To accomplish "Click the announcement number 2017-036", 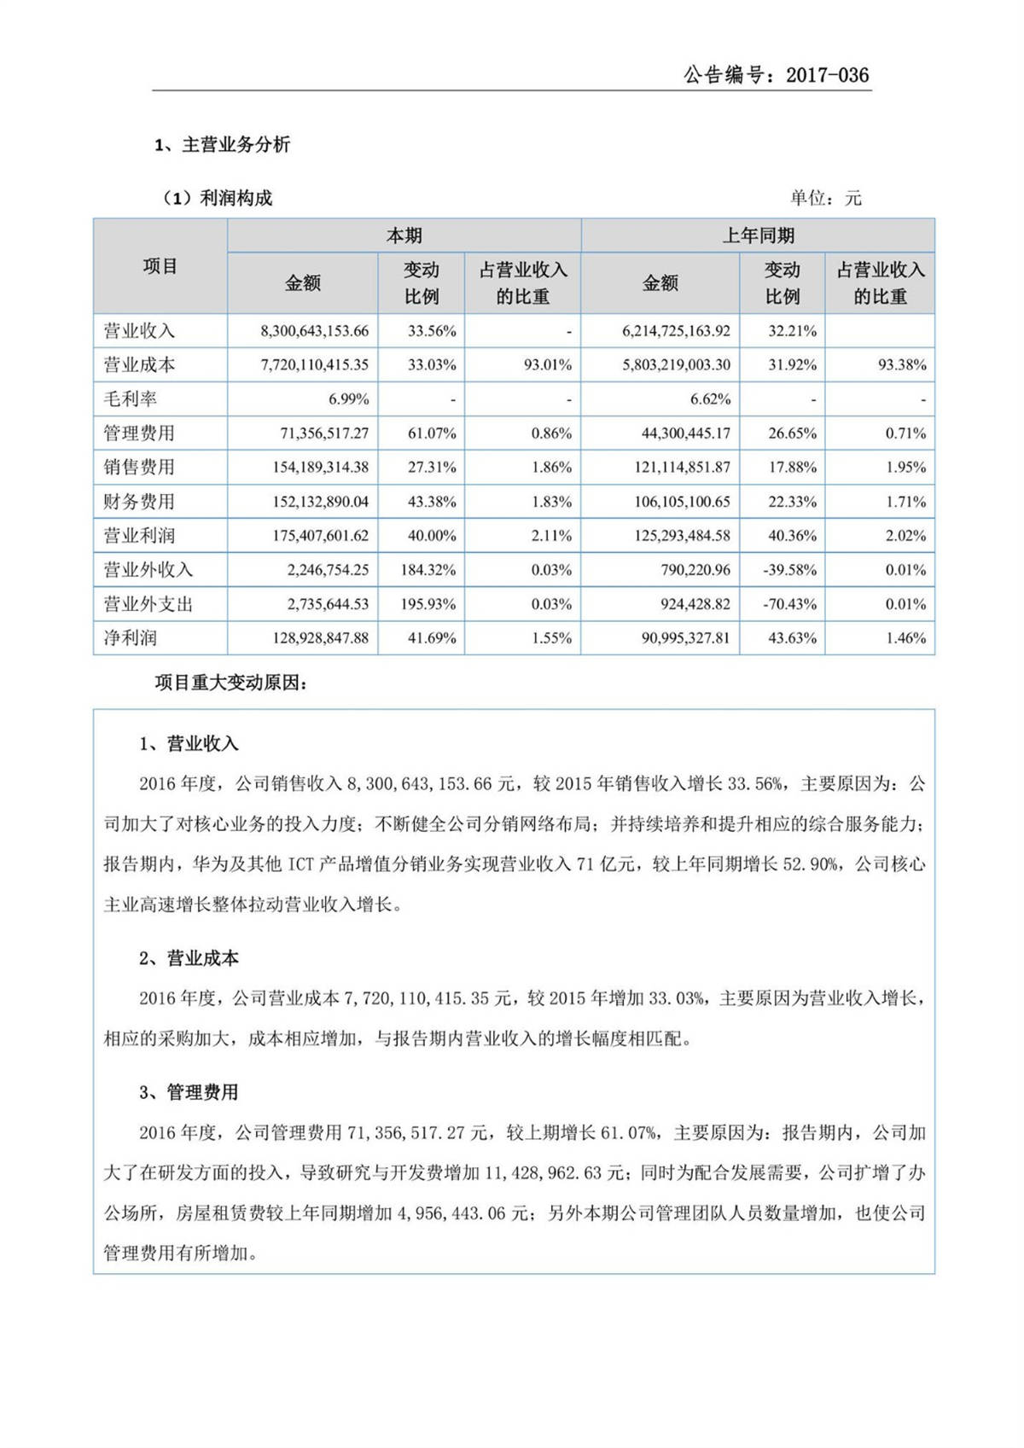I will pos(826,75).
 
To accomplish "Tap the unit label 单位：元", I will pos(825,199).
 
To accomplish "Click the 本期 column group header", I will pos(404,236).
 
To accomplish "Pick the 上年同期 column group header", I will pos(758,236).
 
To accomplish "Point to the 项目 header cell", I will pos(160,266).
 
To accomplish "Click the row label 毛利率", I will pos(131,399).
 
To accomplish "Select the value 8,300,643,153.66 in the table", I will pos(314,331).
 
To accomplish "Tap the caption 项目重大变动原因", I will pos(230,683).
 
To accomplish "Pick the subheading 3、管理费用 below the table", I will pos(189,1093).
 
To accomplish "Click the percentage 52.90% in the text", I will pos(811,864).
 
